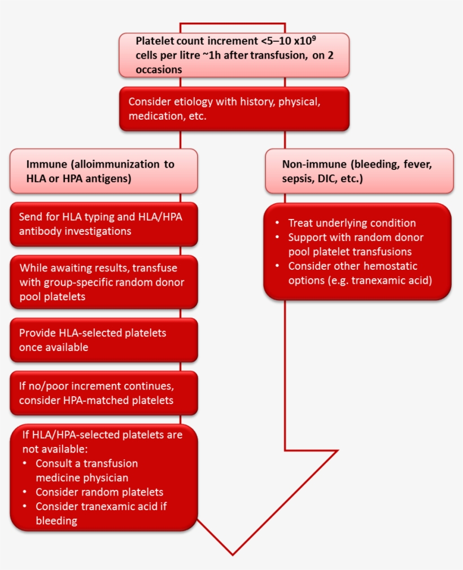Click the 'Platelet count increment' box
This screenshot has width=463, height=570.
(x=234, y=55)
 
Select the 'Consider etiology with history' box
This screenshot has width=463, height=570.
(x=234, y=109)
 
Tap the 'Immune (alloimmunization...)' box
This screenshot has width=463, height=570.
(x=104, y=171)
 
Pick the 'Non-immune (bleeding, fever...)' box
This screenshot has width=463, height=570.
(x=359, y=171)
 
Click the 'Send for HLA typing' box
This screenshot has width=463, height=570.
(x=104, y=224)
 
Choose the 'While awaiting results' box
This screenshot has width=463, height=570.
(x=104, y=282)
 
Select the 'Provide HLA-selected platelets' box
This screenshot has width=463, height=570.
(x=104, y=340)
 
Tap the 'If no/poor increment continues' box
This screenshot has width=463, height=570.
(x=104, y=393)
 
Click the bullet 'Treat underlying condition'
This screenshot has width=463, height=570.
(x=352, y=223)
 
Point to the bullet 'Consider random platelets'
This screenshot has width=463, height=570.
(x=99, y=492)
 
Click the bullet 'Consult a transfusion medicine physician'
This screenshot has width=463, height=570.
(x=86, y=470)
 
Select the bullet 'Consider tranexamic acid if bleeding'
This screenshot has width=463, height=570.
(x=101, y=513)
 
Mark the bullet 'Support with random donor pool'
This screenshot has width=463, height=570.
(x=356, y=244)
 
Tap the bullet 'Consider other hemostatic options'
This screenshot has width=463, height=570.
(x=360, y=273)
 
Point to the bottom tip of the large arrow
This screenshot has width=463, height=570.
(x=232, y=554)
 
